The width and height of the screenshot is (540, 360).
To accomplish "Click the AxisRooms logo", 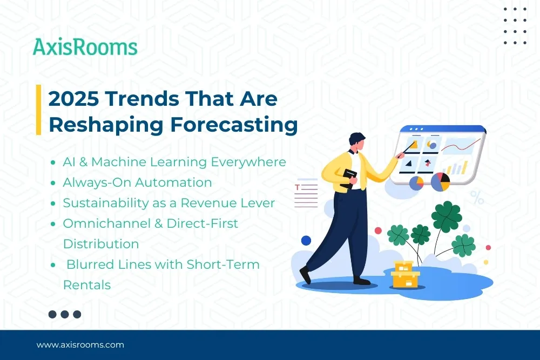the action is [85, 47].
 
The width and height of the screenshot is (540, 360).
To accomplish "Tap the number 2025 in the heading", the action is [73, 99].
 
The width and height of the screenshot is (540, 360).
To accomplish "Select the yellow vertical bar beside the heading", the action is [38, 110].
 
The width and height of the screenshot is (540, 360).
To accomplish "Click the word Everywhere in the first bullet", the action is [248, 162].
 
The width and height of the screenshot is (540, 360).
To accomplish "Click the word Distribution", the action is [101, 244].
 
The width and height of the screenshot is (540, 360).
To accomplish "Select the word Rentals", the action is [87, 285].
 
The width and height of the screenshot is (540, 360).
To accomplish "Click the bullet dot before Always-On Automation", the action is [53, 183].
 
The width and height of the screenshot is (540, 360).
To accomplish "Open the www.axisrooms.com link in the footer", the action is [80, 345].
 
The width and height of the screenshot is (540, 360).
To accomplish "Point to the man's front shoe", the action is [306, 274].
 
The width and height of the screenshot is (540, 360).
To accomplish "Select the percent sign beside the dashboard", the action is [477, 198].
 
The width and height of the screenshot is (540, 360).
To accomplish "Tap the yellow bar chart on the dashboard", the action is [455, 168].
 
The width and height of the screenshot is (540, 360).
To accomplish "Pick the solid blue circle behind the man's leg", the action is [306, 240].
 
